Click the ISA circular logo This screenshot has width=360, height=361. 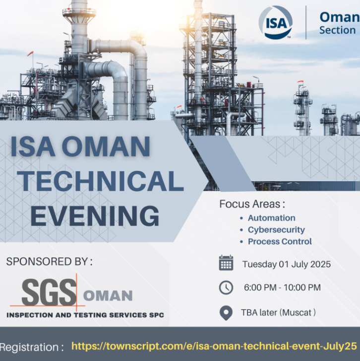point(276,22)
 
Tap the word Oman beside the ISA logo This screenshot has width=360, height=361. point(340,17)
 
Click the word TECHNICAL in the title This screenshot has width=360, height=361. point(101,181)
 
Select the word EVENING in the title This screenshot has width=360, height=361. point(95,216)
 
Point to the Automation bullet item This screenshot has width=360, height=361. point(272,218)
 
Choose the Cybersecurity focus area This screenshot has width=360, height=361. point(276,230)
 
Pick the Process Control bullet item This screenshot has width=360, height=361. point(280,242)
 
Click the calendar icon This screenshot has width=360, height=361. point(226,262)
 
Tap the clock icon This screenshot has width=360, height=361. point(226,288)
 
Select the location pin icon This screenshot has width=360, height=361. point(226,312)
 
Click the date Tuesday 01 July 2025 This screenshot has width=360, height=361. point(287,264)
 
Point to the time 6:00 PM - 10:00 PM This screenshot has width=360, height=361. point(282,288)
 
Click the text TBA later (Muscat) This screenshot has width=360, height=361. point(278,312)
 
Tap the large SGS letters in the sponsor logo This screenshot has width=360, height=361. point(49,292)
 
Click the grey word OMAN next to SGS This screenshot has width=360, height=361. point(108,296)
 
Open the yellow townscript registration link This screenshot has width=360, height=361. point(214,346)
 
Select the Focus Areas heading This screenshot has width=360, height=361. point(252,204)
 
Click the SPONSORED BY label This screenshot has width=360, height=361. point(49,261)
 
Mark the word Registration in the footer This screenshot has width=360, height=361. point(29,347)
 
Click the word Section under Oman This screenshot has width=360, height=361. point(337,30)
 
